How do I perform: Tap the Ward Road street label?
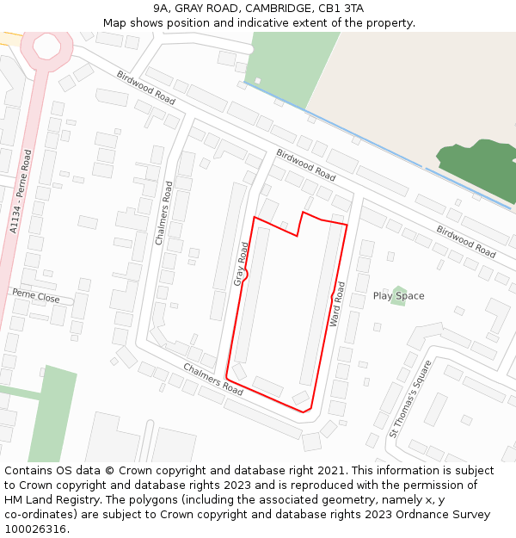tap(337, 304)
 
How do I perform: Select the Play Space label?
tap(398, 296)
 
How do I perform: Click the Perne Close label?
tap(36, 297)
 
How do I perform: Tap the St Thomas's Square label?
tap(410, 398)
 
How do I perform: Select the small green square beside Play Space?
tap(397, 294)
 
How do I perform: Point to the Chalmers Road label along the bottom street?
tap(212, 379)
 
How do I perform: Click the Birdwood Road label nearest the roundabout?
tap(145, 88)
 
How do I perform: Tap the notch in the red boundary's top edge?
tap(299, 224)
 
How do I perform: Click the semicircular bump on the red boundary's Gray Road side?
tap(244, 275)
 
